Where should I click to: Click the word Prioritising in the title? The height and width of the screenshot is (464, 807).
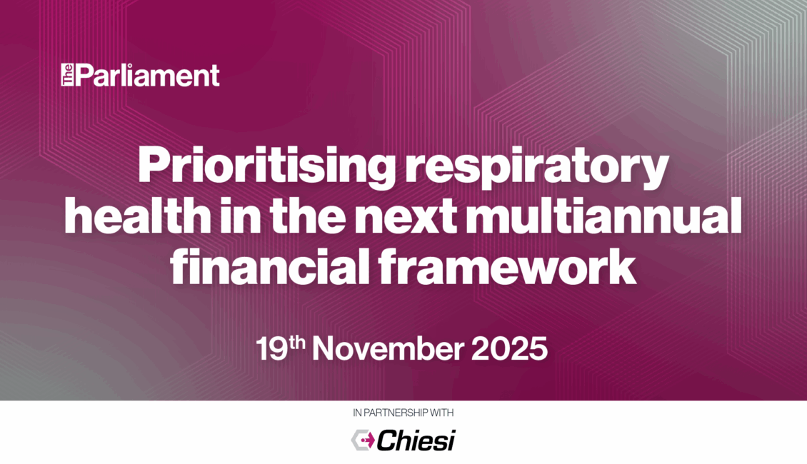click(266, 166)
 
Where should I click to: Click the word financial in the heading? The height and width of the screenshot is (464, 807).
click(270, 266)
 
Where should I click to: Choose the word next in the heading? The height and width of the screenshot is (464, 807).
click(406, 217)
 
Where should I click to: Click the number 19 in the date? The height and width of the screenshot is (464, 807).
click(272, 349)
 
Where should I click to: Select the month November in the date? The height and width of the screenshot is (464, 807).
click(388, 349)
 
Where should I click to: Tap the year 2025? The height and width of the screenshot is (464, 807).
click(509, 349)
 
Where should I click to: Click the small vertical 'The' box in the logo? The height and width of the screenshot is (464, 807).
click(67, 74)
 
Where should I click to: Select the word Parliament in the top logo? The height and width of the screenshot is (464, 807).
click(148, 75)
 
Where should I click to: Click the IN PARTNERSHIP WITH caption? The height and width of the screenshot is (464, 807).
click(403, 413)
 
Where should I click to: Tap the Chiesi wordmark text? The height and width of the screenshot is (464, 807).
click(416, 440)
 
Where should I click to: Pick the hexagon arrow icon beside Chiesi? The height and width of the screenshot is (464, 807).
click(363, 440)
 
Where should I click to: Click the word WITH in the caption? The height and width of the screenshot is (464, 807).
click(442, 413)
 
